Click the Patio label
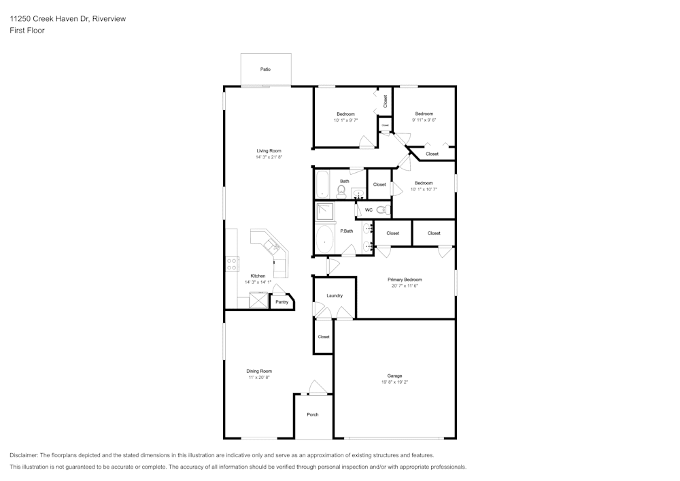point(266,69)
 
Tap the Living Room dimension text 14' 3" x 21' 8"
point(269,157)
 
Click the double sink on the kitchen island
point(271,245)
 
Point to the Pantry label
point(282,302)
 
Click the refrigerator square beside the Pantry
point(259,300)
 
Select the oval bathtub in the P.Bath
point(326,239)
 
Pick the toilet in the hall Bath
point(342,192)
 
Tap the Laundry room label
point(335,296)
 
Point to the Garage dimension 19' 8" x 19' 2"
point(394,382)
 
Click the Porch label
point(313,414)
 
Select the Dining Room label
point(259,371)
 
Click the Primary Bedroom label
point(405,280)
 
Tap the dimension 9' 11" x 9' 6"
point(424,120)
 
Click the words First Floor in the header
point(27,31)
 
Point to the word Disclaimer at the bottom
point(24,455)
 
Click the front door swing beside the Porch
point(317,387)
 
